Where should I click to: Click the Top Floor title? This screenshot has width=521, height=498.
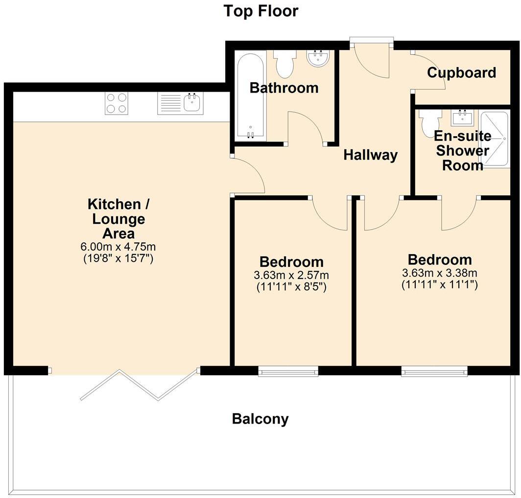point(260,11)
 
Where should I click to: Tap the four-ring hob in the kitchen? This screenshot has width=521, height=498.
point(117,103)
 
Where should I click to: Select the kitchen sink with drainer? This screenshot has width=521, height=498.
point(180,103)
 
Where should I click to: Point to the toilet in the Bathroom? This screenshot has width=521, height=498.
point(284,64)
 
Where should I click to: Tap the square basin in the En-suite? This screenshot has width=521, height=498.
point(462,118)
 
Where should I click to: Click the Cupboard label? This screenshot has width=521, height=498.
point(461,73)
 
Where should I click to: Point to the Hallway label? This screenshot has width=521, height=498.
point(370,155)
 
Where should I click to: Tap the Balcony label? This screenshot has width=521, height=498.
point(260,419)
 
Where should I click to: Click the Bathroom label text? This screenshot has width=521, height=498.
point(284,88)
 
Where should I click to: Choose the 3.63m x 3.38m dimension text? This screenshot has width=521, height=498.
point(440,273)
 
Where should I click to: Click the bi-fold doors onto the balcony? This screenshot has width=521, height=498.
point(139,385)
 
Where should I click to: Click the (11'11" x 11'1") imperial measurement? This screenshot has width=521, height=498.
point(440,284)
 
